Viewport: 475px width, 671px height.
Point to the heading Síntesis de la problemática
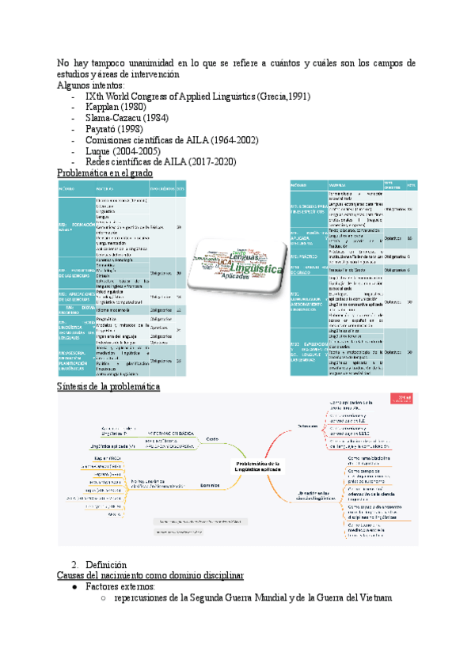[109, 387]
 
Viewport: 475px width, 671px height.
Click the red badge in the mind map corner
[405, 398]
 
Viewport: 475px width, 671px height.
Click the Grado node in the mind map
[212, 439]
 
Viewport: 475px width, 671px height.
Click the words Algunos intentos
[91, 85]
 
